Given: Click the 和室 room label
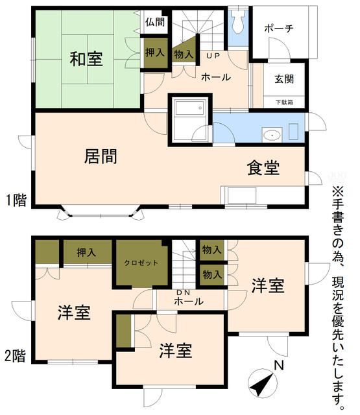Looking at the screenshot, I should click(x=86, y=60).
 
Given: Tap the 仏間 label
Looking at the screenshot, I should click(x=154, y=23).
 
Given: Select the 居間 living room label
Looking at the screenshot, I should click(x=101, y=156).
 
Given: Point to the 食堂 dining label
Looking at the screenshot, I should click(x=263, y=168).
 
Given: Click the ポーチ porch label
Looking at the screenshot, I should click(x=280, y=29).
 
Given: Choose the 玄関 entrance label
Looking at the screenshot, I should click(x=283, y=79).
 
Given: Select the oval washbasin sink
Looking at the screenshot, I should click(x=272, y=136).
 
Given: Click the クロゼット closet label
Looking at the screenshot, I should click(x=141, y=263).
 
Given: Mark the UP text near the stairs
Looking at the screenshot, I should click(x=213, y=56).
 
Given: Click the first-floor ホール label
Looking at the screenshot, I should click(x=216, y=77).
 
